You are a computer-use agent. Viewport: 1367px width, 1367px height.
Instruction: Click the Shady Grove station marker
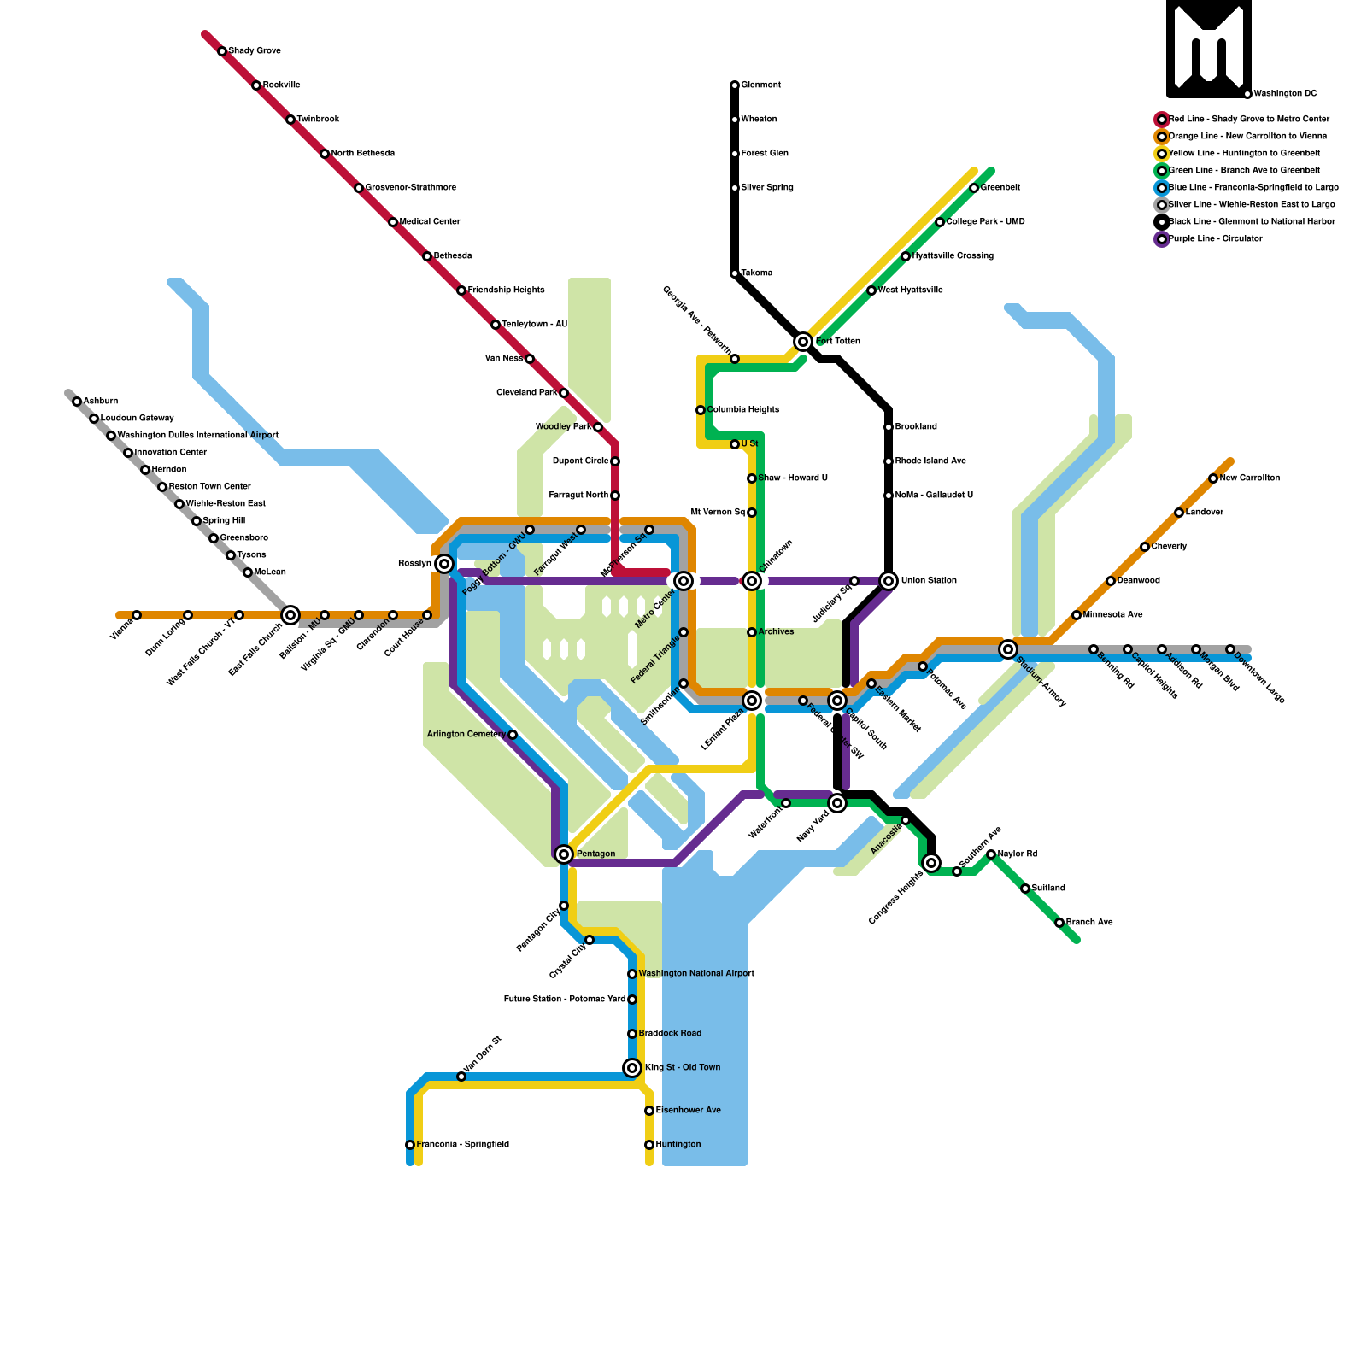[222, 51]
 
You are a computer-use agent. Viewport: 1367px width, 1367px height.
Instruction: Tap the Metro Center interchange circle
[683, 581]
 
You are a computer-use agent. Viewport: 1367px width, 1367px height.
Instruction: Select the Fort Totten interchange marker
[803, 342]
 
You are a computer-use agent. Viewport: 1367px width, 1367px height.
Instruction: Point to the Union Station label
[929, 581]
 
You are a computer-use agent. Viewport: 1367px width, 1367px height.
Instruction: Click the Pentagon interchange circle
[564, 854]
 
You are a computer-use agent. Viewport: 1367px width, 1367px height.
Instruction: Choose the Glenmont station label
[760, 85]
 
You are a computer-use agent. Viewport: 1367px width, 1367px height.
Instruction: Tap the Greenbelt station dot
[974, 188]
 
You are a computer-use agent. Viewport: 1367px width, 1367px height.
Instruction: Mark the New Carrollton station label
[1249, 478]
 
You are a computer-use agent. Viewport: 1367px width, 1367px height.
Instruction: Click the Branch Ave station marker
[1059, 923]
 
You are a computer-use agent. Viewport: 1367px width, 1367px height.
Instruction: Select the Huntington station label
[678, 1145]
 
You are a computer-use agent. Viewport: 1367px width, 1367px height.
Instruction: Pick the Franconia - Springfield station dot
[410, 1145]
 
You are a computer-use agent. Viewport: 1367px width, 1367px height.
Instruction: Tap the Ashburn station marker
[77, 402]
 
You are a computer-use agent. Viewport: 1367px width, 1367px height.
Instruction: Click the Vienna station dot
[137, 615]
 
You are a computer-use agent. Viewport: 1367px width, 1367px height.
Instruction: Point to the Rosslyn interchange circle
[444, 564]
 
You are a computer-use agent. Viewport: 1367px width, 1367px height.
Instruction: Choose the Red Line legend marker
[1162, 120]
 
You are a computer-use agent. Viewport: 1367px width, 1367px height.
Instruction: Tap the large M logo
[1209, 49]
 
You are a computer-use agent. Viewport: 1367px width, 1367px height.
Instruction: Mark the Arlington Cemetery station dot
[513, 735]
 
